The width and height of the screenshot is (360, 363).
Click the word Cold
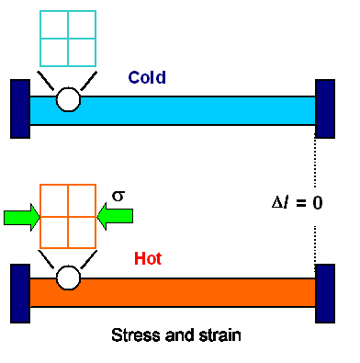click(x=147, y=78)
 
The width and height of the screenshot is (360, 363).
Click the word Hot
click(x=148, y=259)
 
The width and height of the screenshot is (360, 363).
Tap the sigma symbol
click(x=118, y=196)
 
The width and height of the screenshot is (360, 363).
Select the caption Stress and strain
click(x=175, y=335)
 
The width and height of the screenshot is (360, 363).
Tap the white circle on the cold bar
click(x=68, y=99)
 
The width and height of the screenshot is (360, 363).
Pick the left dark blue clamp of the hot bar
click(x=20, y=291)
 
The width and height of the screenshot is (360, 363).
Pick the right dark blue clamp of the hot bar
click(x=324, y=293)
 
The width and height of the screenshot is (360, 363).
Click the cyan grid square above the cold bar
click(x=67, y=37)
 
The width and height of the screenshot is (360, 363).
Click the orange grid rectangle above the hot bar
click(x=67, y=216)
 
